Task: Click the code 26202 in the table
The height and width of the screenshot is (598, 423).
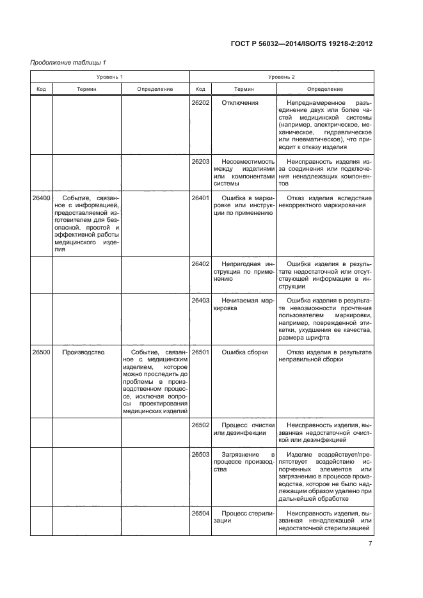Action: (200, 103)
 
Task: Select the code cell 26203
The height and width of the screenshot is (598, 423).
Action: (200, 162)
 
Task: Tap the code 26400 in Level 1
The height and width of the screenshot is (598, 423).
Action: (42, 198)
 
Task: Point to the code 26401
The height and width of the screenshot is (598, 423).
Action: (200, 198)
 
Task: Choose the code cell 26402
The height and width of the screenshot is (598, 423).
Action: (200, 264)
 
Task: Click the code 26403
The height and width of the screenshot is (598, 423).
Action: (200, 300)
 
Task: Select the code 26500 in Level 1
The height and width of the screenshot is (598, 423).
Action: (42, 352)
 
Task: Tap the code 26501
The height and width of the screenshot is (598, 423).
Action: (200, 352)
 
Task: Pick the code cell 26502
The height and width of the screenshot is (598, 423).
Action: (200, 425)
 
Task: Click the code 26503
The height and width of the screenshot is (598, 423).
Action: (200, 453)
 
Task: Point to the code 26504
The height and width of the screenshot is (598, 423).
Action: (200, 513)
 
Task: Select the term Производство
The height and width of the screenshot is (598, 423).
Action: (84, 352)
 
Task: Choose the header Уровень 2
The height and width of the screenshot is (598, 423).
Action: (281, 76)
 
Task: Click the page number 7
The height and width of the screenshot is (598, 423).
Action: (370, 544)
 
